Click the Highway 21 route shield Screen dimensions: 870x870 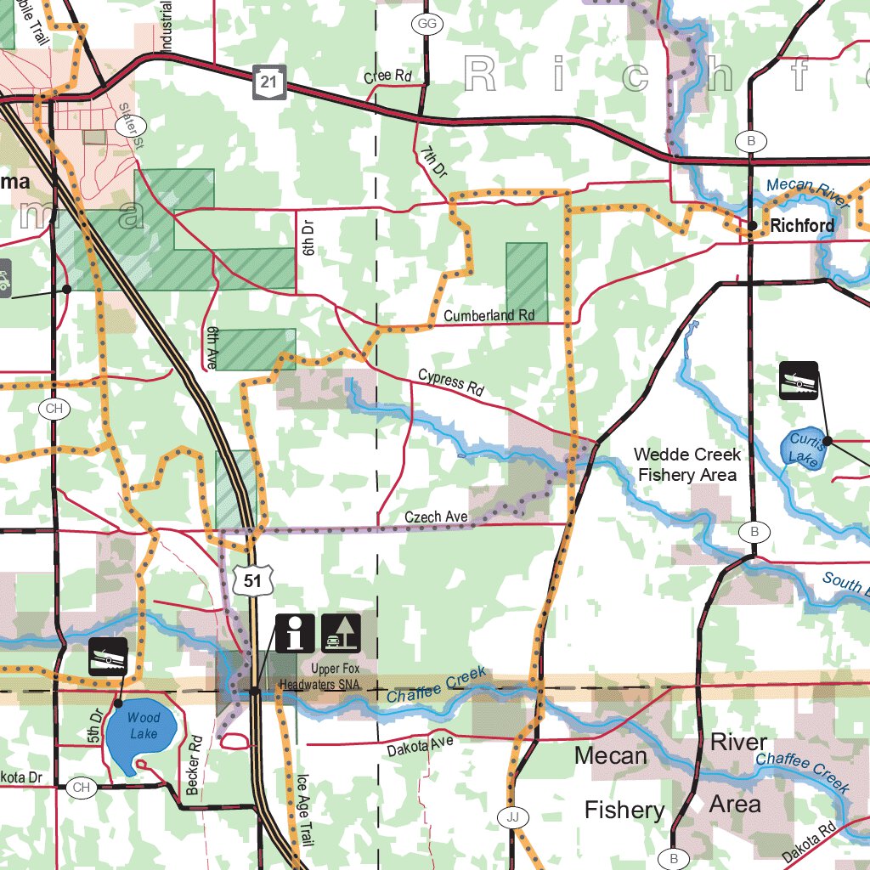point(269,82)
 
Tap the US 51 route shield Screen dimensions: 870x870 point(251,580)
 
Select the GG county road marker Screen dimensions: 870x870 point(427,25)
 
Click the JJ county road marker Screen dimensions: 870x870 point(511,817)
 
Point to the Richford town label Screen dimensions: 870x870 point(802,226)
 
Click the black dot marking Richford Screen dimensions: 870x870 point(753,225)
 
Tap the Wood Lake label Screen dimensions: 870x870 point(144,726)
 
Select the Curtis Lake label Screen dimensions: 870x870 point(803,449)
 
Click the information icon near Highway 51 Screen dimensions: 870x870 point(295,633)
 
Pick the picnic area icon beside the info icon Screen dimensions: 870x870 point(342,633)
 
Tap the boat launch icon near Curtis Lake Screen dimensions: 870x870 point(799,380)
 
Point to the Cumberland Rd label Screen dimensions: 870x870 point(489,315)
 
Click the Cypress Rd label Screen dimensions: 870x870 point(450,383)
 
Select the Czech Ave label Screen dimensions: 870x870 point(436,517)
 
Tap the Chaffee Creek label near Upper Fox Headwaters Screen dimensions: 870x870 point(437,685)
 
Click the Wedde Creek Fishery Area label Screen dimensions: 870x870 point(687,465)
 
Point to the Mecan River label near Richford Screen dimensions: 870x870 point(807,192)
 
